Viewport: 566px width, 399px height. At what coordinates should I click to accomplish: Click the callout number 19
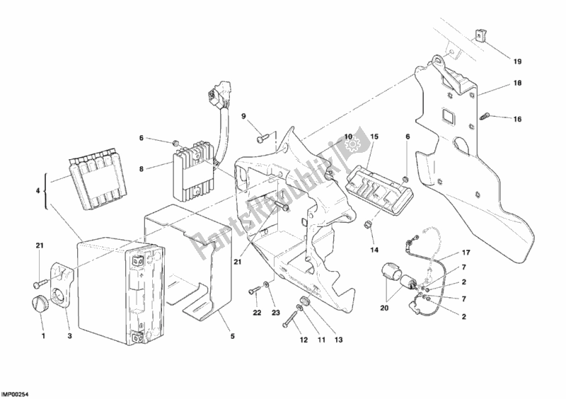tap(517, 62)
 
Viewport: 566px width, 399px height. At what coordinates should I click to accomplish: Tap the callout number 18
tap(517, 83)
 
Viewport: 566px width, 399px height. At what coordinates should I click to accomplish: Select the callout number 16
tap(517, 119)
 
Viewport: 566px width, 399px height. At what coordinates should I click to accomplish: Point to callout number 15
tap(374, 137)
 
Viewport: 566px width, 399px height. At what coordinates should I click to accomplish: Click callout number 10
tap(348, 137)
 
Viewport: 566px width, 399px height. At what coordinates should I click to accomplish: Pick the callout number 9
tap(243, 116)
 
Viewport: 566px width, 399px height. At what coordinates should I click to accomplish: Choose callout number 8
tap(141, 168)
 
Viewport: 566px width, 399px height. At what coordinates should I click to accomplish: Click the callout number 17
tap(466, 253)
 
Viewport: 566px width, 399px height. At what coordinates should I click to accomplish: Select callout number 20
tap(384, 308)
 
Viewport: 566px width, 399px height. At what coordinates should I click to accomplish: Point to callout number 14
tap(374, 250)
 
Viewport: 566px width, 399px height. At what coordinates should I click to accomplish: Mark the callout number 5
tap(233, 336)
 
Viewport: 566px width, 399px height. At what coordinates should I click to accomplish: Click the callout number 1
tap(43, 336)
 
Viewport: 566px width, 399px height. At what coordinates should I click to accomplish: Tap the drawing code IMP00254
tap(15, 394)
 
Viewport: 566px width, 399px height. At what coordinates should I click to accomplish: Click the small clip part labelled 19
tap(478, 36)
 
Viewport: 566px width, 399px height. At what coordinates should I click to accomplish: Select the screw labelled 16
tap(484, 116)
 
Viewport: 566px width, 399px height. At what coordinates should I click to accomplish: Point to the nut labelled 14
tap(367, 225)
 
